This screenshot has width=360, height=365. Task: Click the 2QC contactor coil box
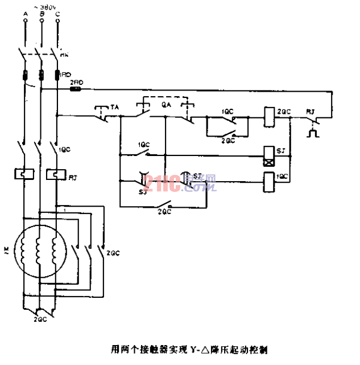click(x=268, y=117)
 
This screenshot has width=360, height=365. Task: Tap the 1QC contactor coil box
click(x=268, y=182)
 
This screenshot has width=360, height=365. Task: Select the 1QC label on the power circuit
click(x=64, y=150)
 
